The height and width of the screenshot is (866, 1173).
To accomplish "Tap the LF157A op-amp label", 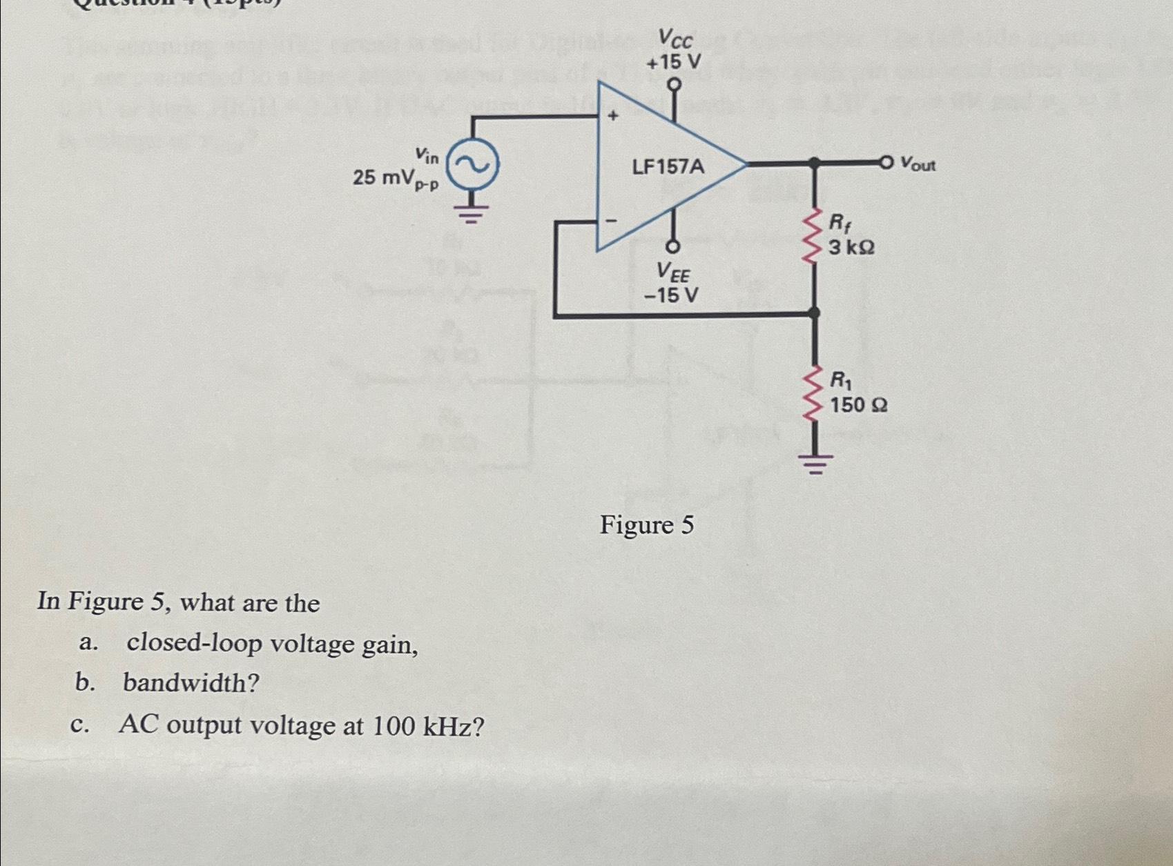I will [x=668, y=166].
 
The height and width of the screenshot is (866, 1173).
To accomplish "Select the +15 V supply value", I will [x=673, y=62].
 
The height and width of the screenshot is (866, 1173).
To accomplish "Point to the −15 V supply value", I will [x=671, y=295].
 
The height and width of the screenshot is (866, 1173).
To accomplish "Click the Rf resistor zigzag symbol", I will [x=814, y=233].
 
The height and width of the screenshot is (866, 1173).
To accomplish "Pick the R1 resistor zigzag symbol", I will [x=814, y=391].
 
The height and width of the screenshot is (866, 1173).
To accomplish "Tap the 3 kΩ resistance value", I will [x=851, y=246].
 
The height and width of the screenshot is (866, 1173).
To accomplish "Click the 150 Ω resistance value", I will [x=858, y=404].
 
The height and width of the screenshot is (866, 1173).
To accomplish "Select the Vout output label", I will [x=918, y=165].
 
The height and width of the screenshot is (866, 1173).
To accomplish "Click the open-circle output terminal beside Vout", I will [x=886, y=163].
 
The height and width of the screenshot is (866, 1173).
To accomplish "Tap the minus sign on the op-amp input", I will [x=611, y=222].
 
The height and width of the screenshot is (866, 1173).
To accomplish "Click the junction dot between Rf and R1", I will [x=815, y=313].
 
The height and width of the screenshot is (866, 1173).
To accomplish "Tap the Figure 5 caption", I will [x=646, y=525].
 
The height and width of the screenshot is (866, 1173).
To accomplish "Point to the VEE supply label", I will [x=673, y=273].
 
